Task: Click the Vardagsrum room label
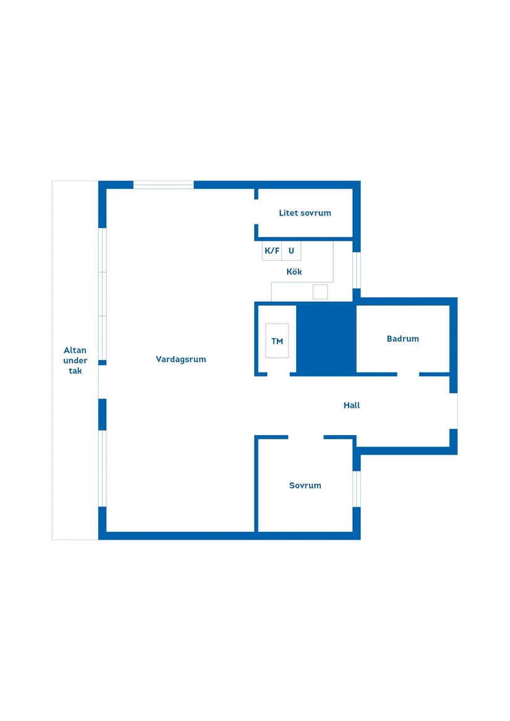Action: (181, 359)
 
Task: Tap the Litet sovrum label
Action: (305, 213)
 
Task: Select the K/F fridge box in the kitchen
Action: (272, 251)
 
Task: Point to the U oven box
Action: (291, 251)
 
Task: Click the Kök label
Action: (294, 272)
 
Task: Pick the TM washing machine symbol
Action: (277, 340)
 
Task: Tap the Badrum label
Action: (403, 339)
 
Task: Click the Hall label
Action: (352, 405)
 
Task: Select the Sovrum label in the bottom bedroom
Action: (305, 486)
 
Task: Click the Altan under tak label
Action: (75, 361)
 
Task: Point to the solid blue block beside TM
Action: (326, 339)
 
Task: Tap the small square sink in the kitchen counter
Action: (320, 292)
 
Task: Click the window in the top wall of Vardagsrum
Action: (163, 185)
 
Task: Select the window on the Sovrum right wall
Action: (357, 489)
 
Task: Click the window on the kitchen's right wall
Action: (357, 271)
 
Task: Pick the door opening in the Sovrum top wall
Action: (306, 437)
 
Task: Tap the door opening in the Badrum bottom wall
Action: (408, 374)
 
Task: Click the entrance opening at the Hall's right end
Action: (454, 411)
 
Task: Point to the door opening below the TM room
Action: (278, 374)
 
